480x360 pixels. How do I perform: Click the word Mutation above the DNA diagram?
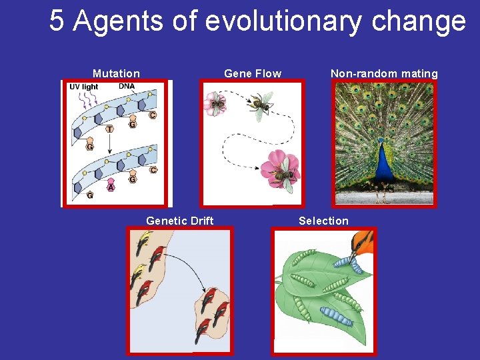(116, 73)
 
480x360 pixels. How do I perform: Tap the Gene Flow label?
(253, 73)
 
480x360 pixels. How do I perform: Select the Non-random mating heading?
(384, 73)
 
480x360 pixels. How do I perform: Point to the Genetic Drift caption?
(179, 221)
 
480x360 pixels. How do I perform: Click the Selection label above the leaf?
(323, 221)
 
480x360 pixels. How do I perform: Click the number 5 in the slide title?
(57, 21)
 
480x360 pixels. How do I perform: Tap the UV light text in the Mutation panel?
(84, 87)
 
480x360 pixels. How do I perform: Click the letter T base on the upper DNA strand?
(109, 128)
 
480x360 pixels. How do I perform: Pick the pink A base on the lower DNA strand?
(111, 187)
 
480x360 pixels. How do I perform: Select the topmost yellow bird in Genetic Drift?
(143, 243)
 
